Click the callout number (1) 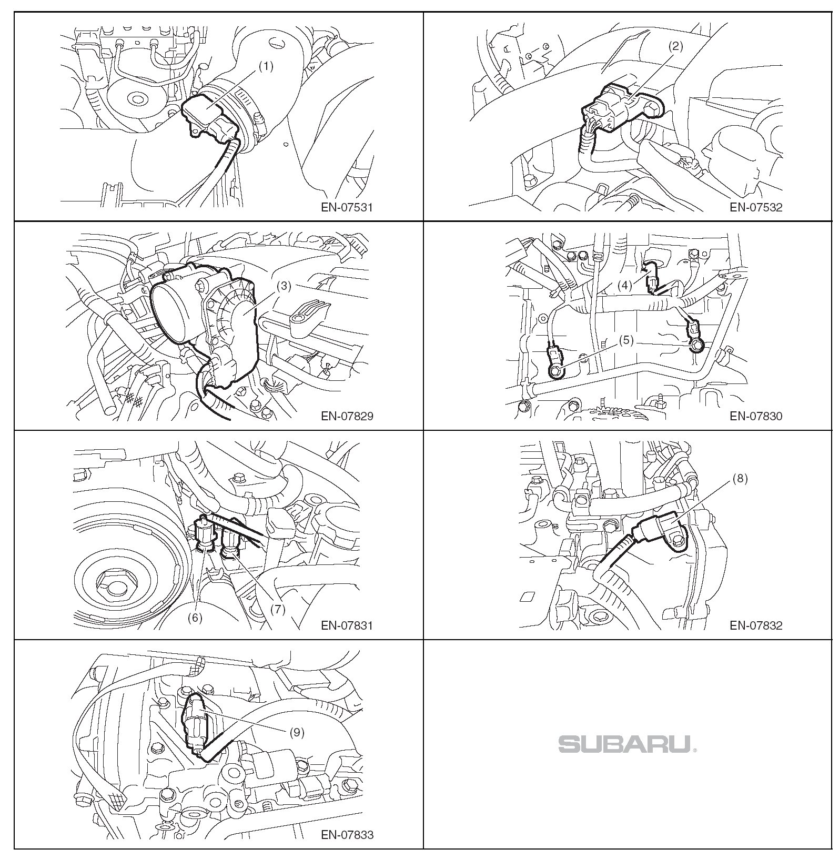pyautogui.click(x=266, y=67)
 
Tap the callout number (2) pyautogui.click(x=675, y=46)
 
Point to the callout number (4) pyautogui.click(x=624, y=286)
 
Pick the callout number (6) pyautogui.click(x=195, y=618)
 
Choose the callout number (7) pyautogui.click(x=277, y=609)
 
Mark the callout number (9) pyautogui.click(x=297, y=732)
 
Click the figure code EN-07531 pyautogui.click(x=347, y=207)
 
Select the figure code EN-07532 pyautogui.click(x=756, y=207)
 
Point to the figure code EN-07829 pyautogui.click(x=347, y=416)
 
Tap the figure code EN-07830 pyautogui.click(x=756, y=416)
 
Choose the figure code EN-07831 pyautogui.click(x=347, y=625)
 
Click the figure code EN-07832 pyautogui.click(x=756, y=625)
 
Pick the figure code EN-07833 pyautogui.click(x=347, y=835)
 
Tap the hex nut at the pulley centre pyautogui.click(x=117, y=583)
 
